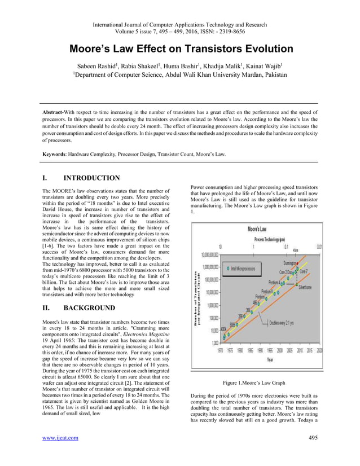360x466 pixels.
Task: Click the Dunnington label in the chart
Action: click(x=293, y=263)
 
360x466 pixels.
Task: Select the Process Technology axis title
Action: click(x=260, y=239)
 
